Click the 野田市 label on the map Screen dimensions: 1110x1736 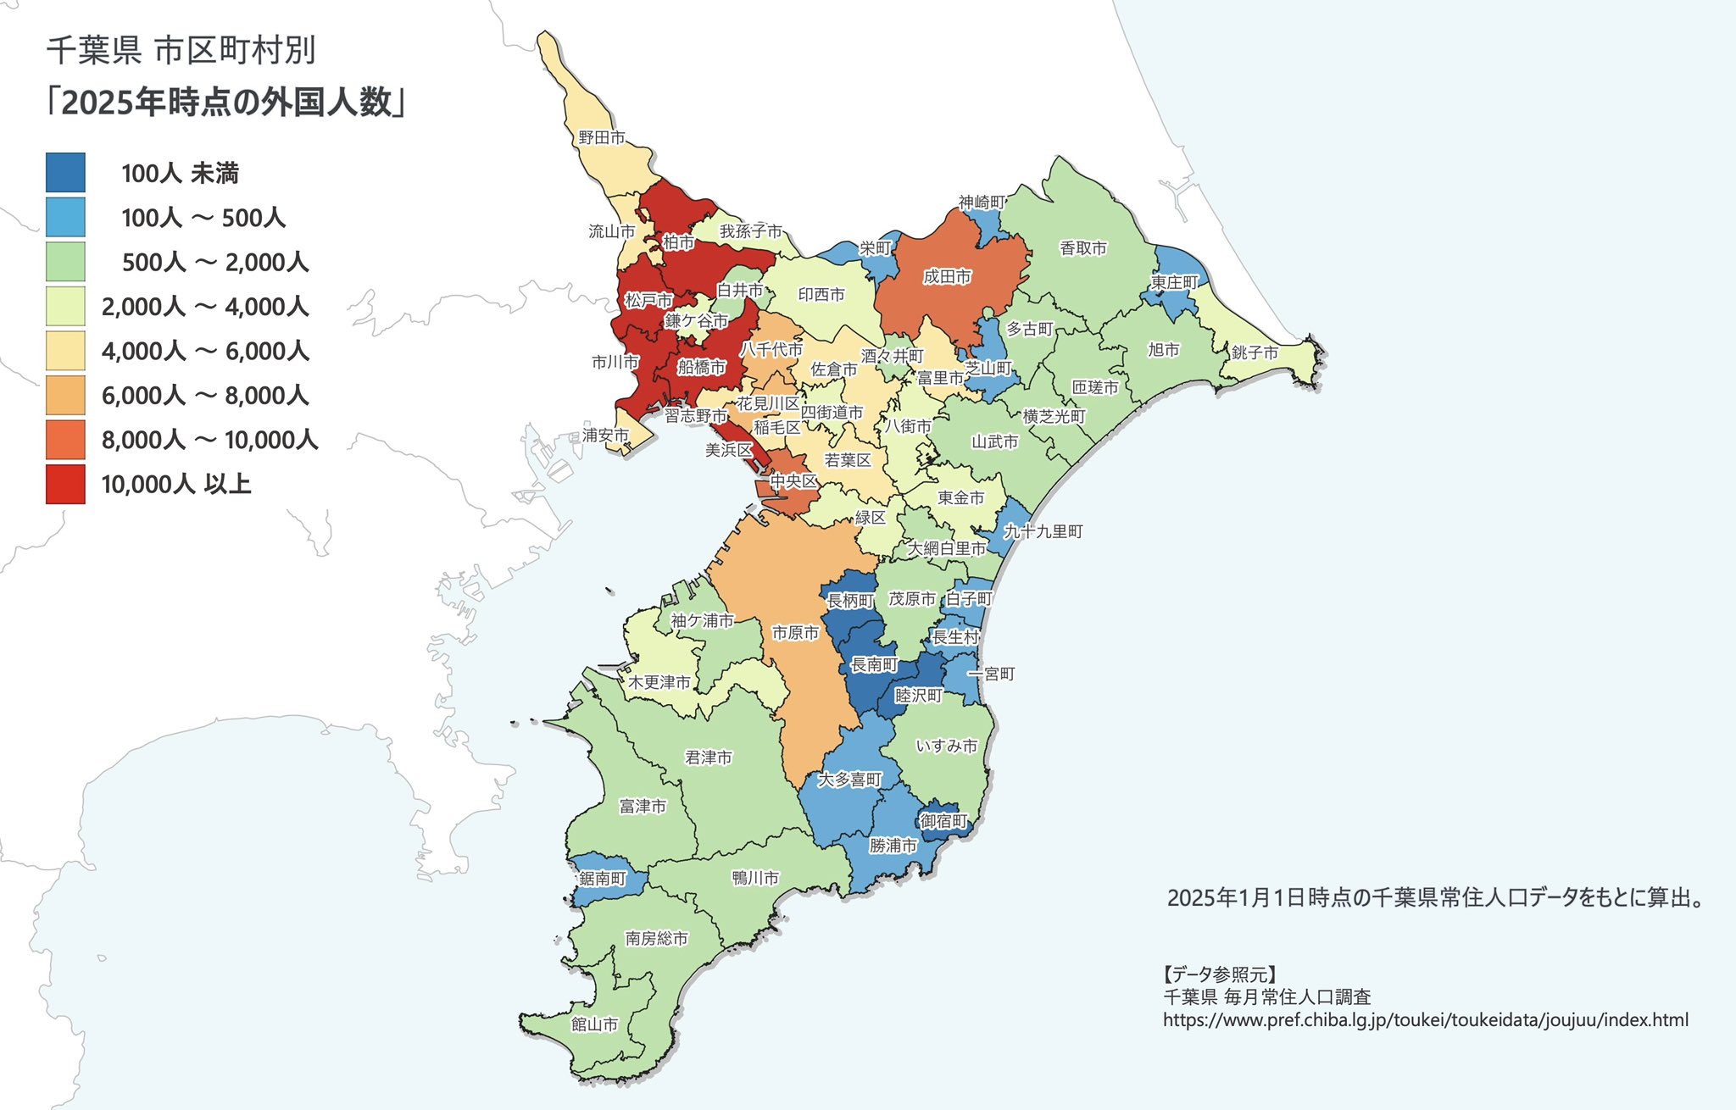(x=602, y=137)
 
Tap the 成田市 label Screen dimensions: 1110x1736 (x=947, y=276)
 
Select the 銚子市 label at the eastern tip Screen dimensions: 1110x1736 (x=1255, y=352)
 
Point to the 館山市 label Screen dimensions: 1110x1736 (x=594, y=1024)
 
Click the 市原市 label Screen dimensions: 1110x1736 (x=795, y=633)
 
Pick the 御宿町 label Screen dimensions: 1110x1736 (x=943, y=821)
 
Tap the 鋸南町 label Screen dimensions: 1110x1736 (x=603, y=878)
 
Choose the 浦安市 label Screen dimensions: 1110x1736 (x=605, y=435)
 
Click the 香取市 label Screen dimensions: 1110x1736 (x=1083, y=248)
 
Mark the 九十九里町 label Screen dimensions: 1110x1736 (x=1043, y=531)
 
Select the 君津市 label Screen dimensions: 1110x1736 (x=709, y=758)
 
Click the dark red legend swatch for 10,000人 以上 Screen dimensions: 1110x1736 (x=65, y=484)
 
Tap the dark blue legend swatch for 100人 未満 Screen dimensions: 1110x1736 (x=65, y=173)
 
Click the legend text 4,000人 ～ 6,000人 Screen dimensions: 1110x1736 (x=205, y=351)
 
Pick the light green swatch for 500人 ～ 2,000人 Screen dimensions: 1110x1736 (x=65, y=262)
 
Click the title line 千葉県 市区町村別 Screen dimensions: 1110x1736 (x=181, y=51)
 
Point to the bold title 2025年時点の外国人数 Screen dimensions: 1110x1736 (x=227, y=103)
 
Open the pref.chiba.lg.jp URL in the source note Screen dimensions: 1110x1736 (x=1425, y=1020)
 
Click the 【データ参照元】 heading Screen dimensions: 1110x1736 (x=1219, y=974)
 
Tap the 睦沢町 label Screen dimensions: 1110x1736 (x=919, y=695)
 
